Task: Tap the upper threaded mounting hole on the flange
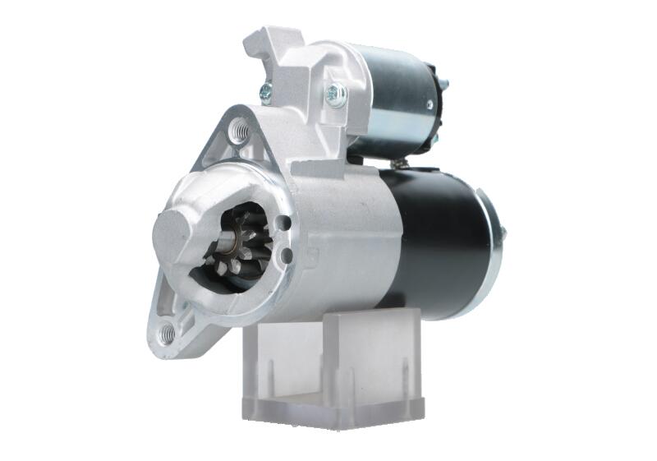point(238,130)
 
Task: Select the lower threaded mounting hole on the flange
point(168,333)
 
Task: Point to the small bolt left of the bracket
point(266,93)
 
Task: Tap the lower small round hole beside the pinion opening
point(285,257)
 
